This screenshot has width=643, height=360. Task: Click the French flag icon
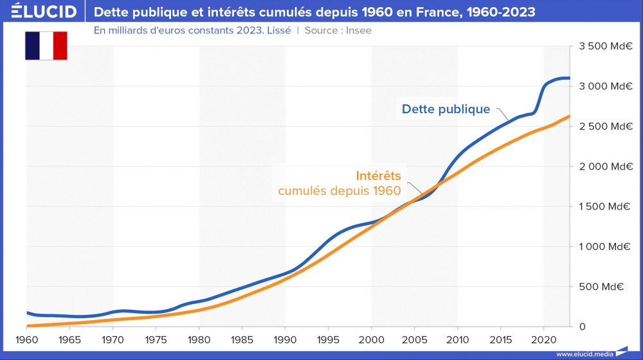(46, 45)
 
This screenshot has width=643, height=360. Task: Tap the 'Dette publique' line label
(446, 109)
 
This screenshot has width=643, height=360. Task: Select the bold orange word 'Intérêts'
(378, 175)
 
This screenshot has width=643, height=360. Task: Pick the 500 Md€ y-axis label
(606, 287)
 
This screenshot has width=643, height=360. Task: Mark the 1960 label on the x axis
(26, 339)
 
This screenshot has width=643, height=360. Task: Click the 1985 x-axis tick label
(242, 339)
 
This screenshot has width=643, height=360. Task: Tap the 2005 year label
(414, 339)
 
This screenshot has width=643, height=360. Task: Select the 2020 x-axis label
(543, 339)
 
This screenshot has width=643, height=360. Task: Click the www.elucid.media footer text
(583, 354)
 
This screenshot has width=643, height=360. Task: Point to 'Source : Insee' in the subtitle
(338, 30)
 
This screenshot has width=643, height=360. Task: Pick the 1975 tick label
(156, 339)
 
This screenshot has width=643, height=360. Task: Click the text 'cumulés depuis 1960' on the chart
(339, 190)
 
